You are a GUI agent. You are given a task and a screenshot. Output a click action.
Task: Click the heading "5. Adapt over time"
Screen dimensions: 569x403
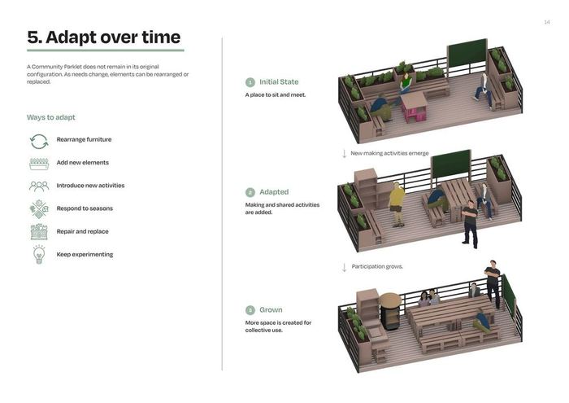104,37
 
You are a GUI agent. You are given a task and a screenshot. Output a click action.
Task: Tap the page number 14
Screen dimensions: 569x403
547,23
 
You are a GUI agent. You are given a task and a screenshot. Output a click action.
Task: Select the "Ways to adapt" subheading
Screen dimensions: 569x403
50,117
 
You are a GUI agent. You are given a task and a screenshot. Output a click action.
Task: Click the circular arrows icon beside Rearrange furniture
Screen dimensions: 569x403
39,142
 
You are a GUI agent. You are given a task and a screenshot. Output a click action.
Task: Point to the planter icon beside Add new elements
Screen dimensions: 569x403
39,164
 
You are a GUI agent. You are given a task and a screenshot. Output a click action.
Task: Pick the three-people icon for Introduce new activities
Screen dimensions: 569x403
39,186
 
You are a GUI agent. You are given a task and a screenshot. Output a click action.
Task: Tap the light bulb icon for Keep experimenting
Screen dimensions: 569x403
39,254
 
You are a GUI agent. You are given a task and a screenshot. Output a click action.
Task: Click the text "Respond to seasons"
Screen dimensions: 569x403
85,208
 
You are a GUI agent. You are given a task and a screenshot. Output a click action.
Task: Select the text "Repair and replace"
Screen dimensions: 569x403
82,231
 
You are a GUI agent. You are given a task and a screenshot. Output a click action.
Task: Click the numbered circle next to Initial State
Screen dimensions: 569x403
250,82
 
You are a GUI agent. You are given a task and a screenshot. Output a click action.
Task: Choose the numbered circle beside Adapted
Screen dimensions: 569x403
250,192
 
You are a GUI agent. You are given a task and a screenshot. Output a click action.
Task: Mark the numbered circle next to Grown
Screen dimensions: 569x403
250,310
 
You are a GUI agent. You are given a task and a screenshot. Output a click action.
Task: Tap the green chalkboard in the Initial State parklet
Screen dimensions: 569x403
467,54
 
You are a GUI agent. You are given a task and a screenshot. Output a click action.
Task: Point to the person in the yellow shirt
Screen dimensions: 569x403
397,204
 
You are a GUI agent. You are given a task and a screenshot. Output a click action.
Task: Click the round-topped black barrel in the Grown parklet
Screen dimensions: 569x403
390,311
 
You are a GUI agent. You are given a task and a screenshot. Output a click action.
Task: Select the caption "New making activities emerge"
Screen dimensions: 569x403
389,153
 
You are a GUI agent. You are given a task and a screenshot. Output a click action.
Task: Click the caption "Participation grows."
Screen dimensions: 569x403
377,266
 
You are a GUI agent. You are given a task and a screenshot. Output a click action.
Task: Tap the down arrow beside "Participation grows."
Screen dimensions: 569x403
344,268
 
